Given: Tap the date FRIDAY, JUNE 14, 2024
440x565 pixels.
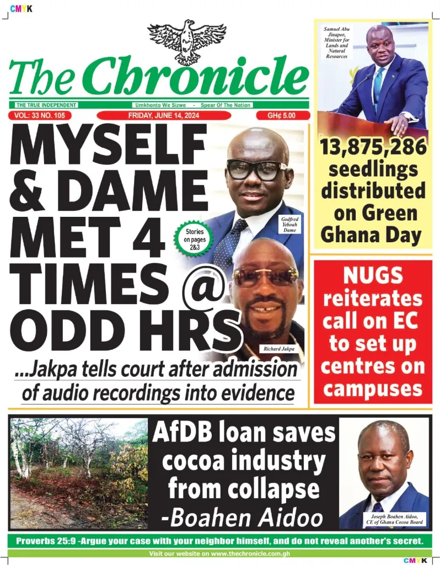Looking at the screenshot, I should click(x=164, y=115).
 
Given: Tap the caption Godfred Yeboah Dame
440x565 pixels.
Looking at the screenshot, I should click(x=289, y=225).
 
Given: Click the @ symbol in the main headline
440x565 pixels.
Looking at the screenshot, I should click(x=205, y=287).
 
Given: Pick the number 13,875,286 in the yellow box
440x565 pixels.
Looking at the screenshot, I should click(x=373, y=147).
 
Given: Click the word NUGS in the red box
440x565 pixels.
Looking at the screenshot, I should click(x=373, y=275).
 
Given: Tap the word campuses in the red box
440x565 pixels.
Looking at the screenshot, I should click(x=373, y=388).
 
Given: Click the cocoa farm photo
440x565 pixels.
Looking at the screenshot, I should click(x=79, y=473).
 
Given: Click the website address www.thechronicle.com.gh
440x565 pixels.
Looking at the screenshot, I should click(x=250, y=553).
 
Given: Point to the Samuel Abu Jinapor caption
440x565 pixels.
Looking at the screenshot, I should click(x=336, y=41).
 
